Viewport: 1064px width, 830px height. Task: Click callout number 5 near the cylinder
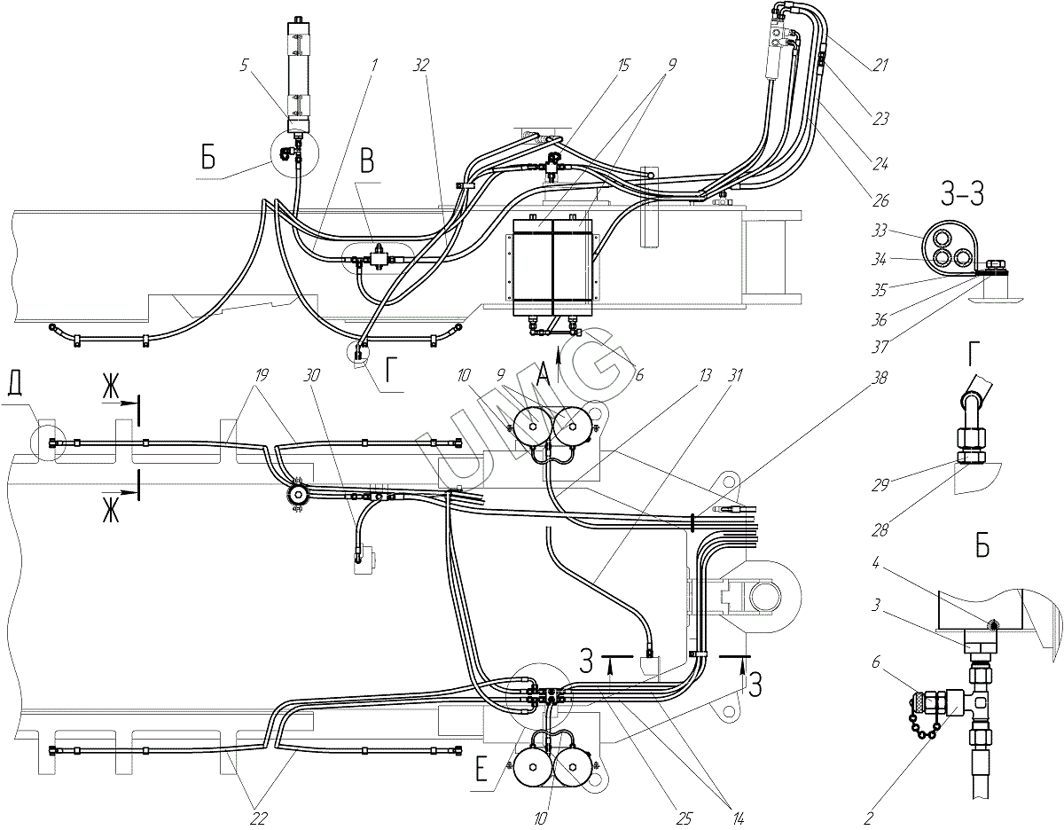tap(245, 66)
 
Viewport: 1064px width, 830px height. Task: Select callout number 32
tap(420, 66)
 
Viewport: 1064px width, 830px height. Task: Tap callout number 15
tap(622, 66)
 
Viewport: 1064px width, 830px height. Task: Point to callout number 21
tap(880, 65)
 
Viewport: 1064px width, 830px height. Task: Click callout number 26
tap(880, 200)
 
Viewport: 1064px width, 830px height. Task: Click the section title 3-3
tap(962, 194)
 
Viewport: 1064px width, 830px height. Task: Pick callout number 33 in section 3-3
tap(880, 231)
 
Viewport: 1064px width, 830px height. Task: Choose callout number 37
tap(880, 348)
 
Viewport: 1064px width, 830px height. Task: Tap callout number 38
tap(880, 378)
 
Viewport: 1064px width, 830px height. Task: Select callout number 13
tap(706, 376)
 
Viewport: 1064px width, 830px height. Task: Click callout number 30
tap(312, 376)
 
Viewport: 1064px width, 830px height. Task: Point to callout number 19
tap(262, 376)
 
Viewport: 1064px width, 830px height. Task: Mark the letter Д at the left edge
tap(15, 389)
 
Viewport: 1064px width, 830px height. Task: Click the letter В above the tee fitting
tap(367, 161)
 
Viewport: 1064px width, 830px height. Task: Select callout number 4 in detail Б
tap(876, 563)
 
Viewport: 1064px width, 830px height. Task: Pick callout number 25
tap(684, 818)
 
